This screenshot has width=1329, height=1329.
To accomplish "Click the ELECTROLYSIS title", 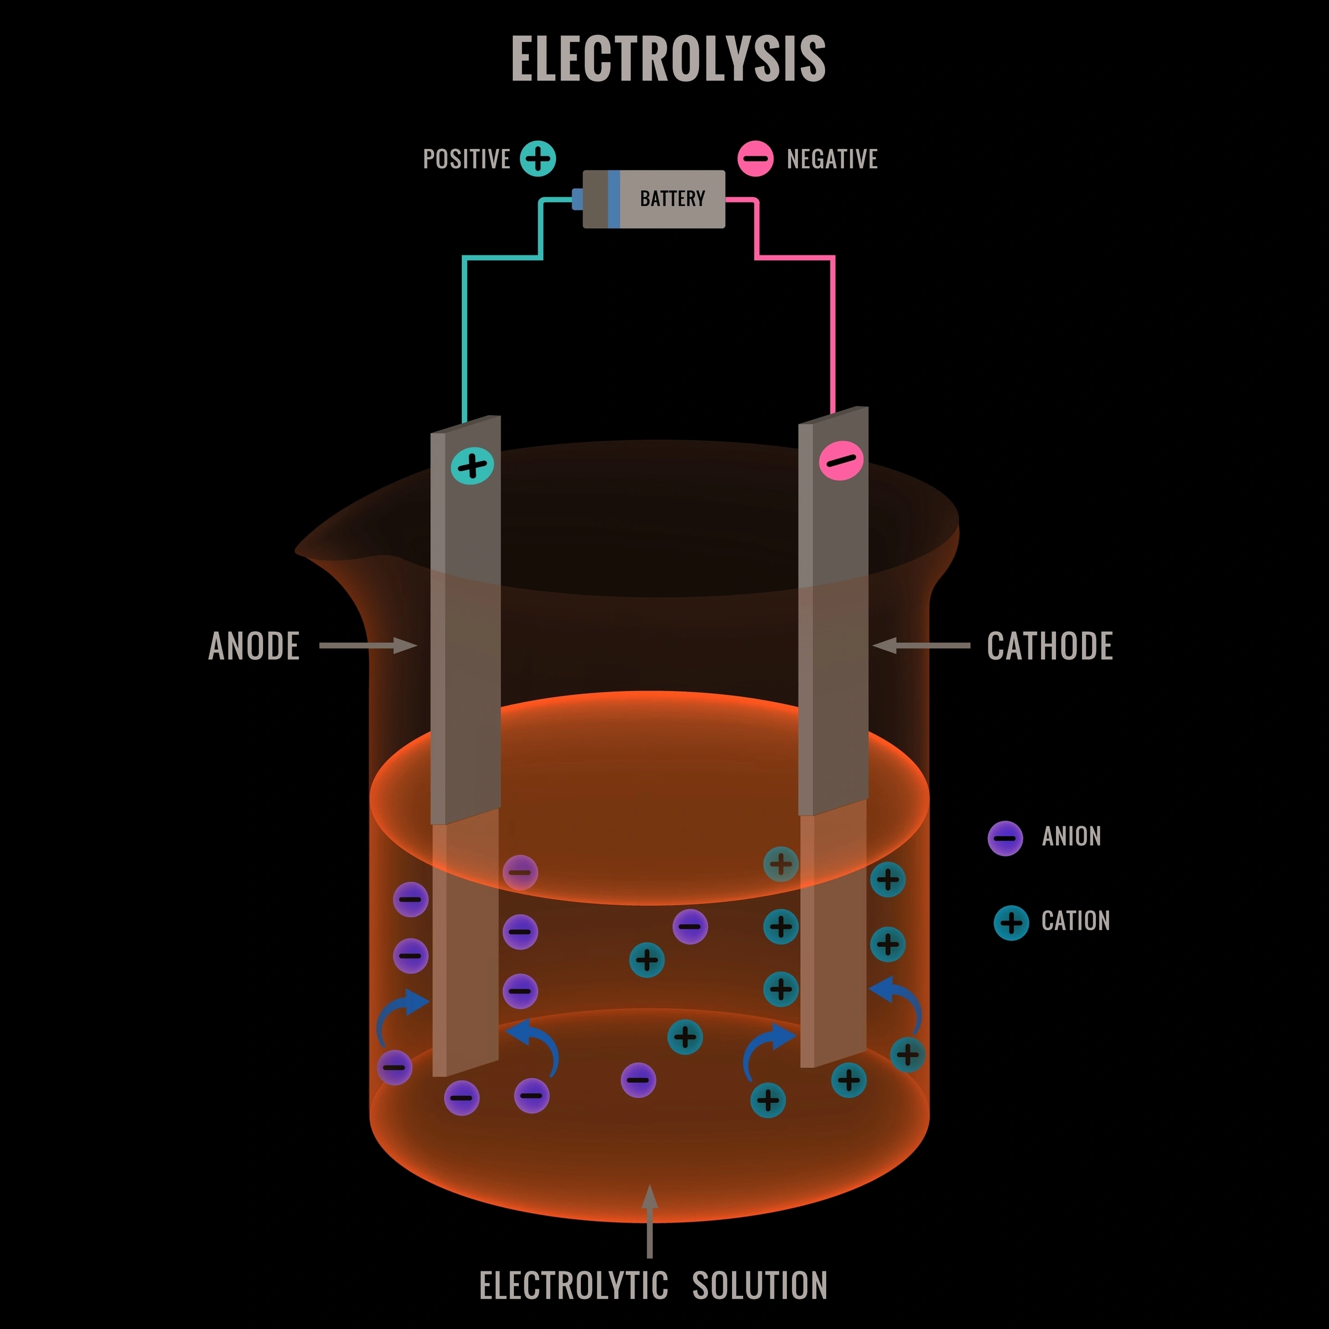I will coord(668,59).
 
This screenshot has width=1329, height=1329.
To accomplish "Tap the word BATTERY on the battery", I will coord(672,199).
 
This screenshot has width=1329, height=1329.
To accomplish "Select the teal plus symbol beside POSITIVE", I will coord(538,159).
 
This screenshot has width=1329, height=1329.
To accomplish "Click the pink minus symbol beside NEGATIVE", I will coord(755,159).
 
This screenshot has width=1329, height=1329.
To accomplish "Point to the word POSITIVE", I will coord(466,159).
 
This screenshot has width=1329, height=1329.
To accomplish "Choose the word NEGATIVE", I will coord(832,159).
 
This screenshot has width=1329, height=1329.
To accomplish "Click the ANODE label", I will coord(254,646).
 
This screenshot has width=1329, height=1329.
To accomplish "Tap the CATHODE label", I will coord(1049,646).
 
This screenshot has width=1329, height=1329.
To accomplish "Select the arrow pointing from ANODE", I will coord(368,645).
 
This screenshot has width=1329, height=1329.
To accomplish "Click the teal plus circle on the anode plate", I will coord(472,466).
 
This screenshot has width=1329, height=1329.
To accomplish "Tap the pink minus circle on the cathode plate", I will coord(841,460).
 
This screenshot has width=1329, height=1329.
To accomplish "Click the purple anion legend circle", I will coord(1005,838).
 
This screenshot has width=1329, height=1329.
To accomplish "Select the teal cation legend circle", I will coord(1011,923).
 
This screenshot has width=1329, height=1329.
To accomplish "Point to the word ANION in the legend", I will coord(1071,837).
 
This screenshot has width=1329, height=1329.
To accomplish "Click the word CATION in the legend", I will coord(1075,920).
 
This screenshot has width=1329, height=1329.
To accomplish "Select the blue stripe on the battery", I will coord(614,199).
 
